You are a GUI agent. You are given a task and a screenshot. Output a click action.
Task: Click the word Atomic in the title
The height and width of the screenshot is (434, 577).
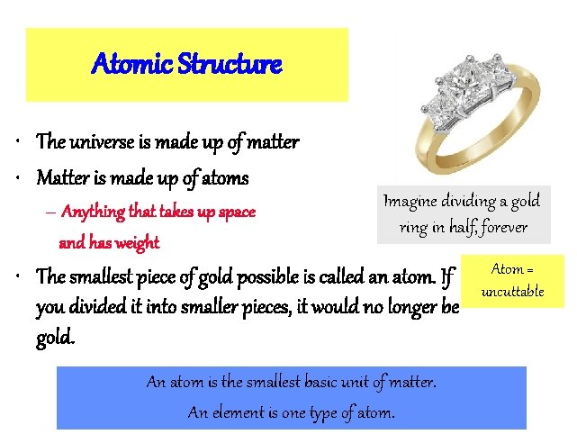tap(123, 65)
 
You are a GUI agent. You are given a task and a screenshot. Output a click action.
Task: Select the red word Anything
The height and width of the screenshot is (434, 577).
tap(96, 212)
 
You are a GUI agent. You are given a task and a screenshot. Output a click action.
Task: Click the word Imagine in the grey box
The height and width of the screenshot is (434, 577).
tap(413, 201)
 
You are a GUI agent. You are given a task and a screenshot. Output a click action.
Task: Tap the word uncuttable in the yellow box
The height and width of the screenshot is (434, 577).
tap(512, 292)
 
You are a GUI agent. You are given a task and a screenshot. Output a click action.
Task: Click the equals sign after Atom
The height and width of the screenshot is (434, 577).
tap(530, 269)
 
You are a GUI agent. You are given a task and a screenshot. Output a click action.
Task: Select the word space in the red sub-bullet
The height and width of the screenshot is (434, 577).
tap(237, 213)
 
